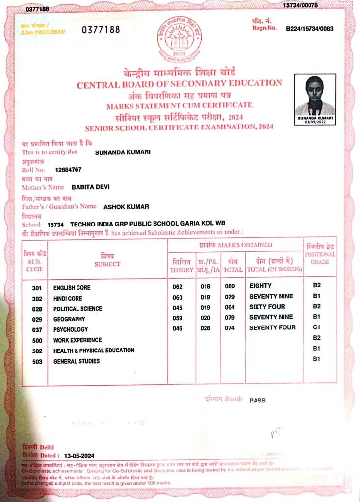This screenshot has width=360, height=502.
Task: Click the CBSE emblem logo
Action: point(179,39)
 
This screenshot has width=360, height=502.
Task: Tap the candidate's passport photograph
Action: point(315,96)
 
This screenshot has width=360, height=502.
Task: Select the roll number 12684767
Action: point(68,170)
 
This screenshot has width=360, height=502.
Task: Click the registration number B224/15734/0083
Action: point(309,29)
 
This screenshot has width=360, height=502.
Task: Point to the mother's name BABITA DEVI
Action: point(91,187)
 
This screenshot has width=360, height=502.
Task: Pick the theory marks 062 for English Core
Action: point(178,286)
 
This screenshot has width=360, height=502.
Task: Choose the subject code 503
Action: point(37,361)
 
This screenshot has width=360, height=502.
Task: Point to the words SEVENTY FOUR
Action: point(272,327)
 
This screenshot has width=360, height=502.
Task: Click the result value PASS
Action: point(257,401)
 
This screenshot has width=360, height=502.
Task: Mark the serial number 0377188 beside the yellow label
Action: point(101,30)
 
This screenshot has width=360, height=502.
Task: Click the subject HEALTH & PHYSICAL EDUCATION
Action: point(94,351)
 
